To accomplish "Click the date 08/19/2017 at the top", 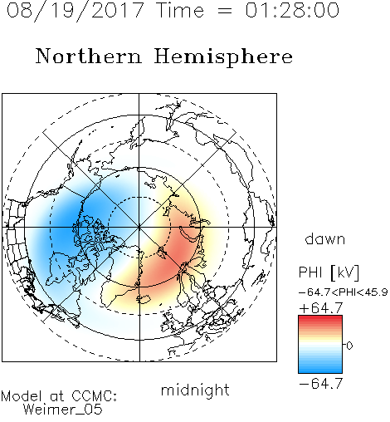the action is pos(75,11).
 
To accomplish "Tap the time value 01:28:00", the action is pos(292,10).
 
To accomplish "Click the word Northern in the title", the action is pos(88,56).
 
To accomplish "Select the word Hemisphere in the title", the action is pos(223,56).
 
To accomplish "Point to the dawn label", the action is pos(325,238).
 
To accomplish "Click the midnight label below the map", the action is pos(195,390).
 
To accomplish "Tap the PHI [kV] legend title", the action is pos(329,272).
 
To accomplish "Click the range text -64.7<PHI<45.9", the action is pos(344,292).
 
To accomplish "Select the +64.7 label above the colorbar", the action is pos(321,308).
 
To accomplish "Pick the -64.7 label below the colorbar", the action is pos(321,384).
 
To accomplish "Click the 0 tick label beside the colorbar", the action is pos(349,346).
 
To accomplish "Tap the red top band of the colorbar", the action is pos(320,317).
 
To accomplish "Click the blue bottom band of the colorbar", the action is pos(320,370).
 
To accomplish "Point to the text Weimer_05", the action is pos(63,410).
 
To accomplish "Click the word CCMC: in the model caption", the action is pos(94,396).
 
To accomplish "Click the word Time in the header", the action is pos(180,10).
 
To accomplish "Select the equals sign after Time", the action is pos(224,11).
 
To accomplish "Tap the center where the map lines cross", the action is pos(139,227).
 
